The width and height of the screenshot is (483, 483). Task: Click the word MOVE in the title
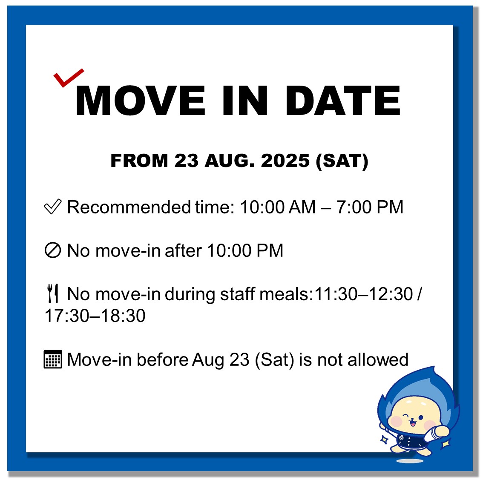click(x=141, y=101)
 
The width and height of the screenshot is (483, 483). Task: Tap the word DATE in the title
click(x=343, y=101)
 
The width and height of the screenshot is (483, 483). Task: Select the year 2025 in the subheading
click(x=285, y=161)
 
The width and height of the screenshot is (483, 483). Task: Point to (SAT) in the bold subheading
click(x=342, y=161)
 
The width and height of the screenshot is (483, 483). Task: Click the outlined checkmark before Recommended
click(x=53, y=206)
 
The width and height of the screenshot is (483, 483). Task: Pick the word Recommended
click(x=129, y=207)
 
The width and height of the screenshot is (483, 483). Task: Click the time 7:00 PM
click(x=370, y=207)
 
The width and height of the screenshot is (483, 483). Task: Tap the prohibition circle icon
click(x=53, y=250)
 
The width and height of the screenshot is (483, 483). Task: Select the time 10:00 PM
click(x=245, y=250)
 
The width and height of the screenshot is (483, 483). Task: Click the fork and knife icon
click(x=53, y=293)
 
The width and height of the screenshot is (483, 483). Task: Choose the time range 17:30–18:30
click(x=95, y=316)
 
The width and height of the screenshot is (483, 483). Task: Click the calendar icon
click(x=53, y=359)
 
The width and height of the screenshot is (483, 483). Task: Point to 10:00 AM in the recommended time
click(x=278, y=207)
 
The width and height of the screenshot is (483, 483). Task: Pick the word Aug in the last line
click(x=208, y=360)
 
